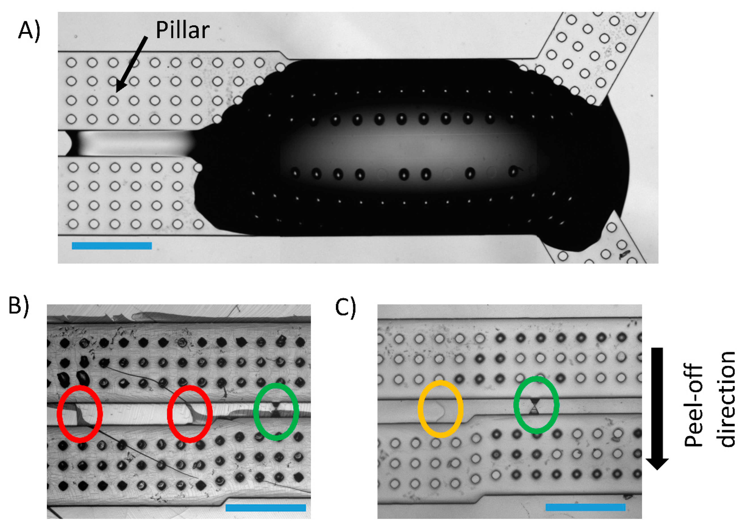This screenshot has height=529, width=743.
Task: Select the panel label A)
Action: tap(29, 32)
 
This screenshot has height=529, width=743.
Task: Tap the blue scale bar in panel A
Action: tap(112, 246)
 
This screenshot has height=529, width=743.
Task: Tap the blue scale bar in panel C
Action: tap(585, 507)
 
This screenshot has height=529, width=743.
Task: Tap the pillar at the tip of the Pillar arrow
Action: tap(113, 100)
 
